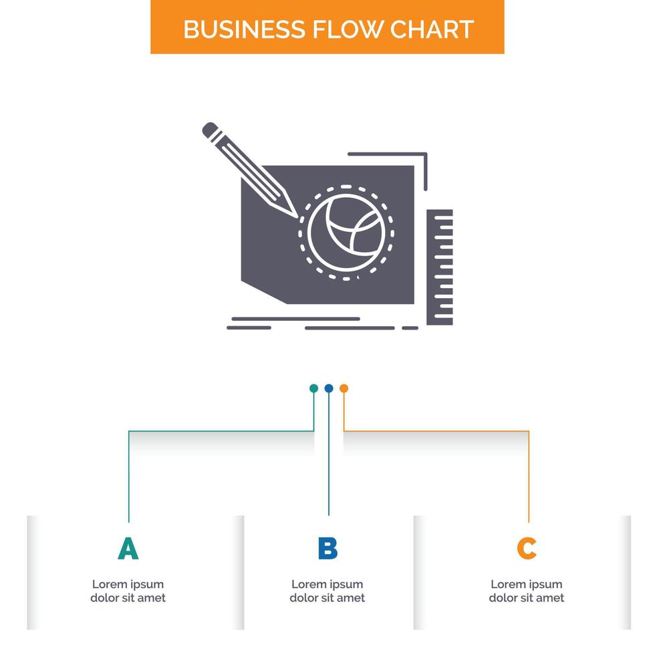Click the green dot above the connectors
tap(313, 388)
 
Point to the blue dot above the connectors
tap(329, 388)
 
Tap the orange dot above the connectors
tap(344, 388)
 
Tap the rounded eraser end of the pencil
tap(209, 128)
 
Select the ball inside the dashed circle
tap(346, 233)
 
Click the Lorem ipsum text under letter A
tap(128, 591)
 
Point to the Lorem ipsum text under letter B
tap(327, 591)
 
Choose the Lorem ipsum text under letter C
tap(527, 591)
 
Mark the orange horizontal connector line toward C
tap(434, 431)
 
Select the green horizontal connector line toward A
tap(221, 431)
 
